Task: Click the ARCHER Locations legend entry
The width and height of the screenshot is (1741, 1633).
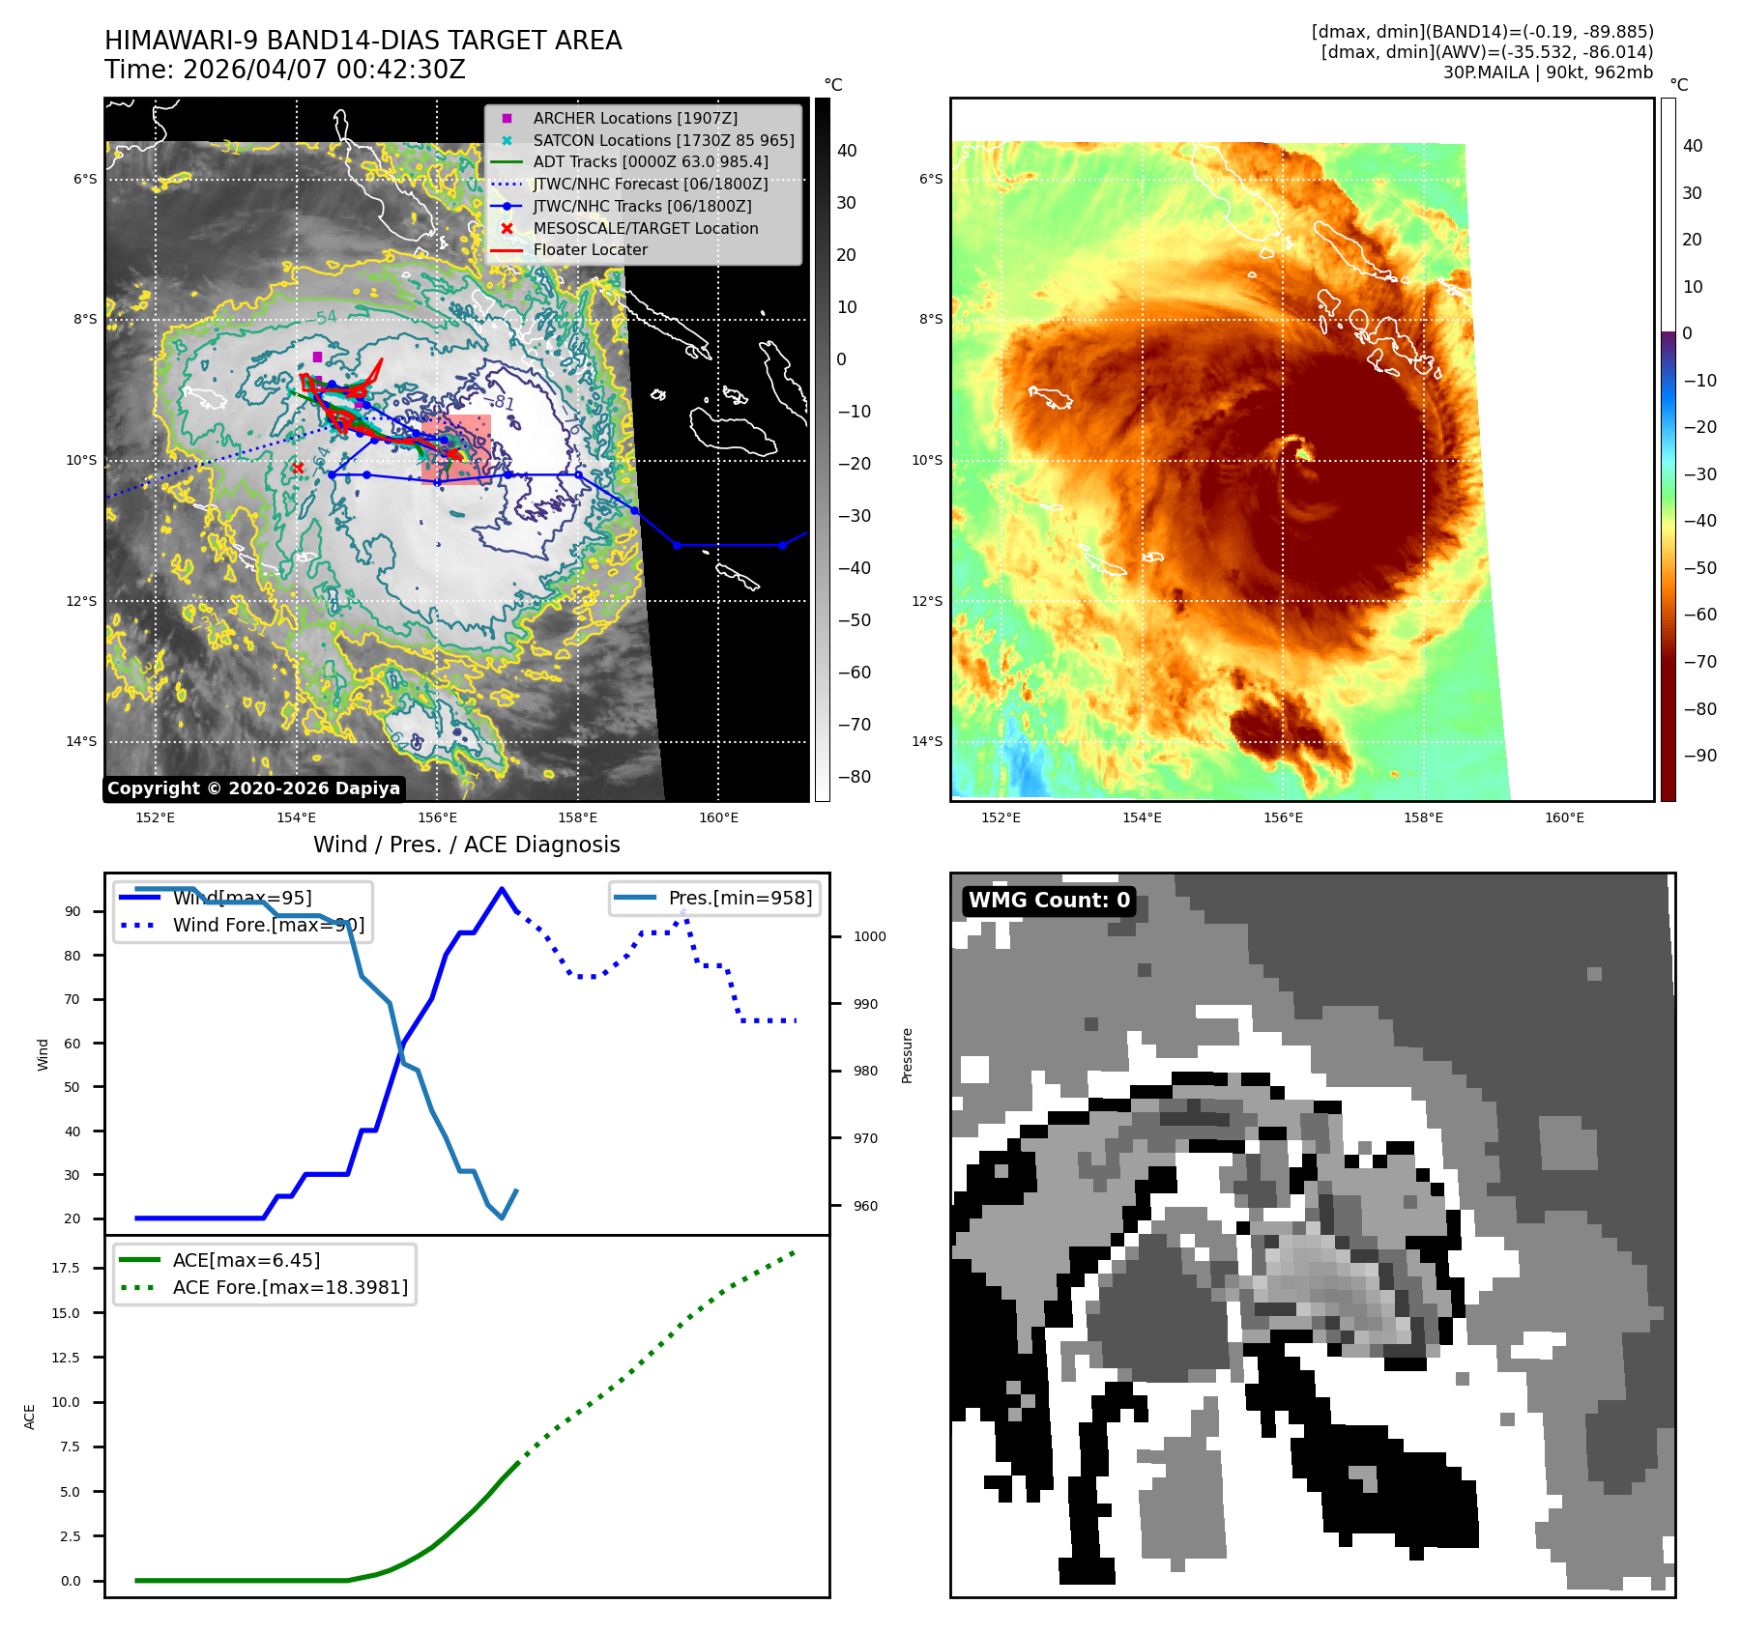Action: click(x=634, y=118)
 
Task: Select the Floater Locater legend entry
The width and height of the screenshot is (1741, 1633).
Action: click(x=590, y=249)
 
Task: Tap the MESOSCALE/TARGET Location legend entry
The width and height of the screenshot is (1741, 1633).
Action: click(x=645, y=228)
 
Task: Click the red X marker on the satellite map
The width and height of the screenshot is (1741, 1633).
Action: click(x=298, y=468)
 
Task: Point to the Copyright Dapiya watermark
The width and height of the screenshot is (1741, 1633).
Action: click(x=253, y=788)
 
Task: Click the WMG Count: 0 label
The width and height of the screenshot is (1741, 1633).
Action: click(x=1049, y=901)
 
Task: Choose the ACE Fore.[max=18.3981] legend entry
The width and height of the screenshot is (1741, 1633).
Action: click(x=290, y=1287)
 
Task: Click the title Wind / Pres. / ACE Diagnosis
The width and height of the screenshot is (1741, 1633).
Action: click(x=466, y=845)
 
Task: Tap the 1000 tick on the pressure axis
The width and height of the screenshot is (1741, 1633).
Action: click(x=869, y=936)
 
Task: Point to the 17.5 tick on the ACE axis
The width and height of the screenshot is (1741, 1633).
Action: click(x=66, y=1268)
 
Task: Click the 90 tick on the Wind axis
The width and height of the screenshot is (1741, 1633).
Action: click(x=73, y=911)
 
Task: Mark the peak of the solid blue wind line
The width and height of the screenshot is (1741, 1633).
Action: click(x=502, y=889)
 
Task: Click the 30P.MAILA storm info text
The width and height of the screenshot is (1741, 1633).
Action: click(x=1547, y=72)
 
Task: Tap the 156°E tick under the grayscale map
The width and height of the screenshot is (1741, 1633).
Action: click(x=437, y=817)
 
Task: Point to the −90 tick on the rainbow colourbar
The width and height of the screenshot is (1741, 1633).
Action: click(x=1699, y=756)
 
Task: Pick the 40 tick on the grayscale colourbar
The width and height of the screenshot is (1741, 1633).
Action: click(x=847, y=151)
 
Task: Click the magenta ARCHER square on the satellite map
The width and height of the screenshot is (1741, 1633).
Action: click(x=317, y=358)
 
